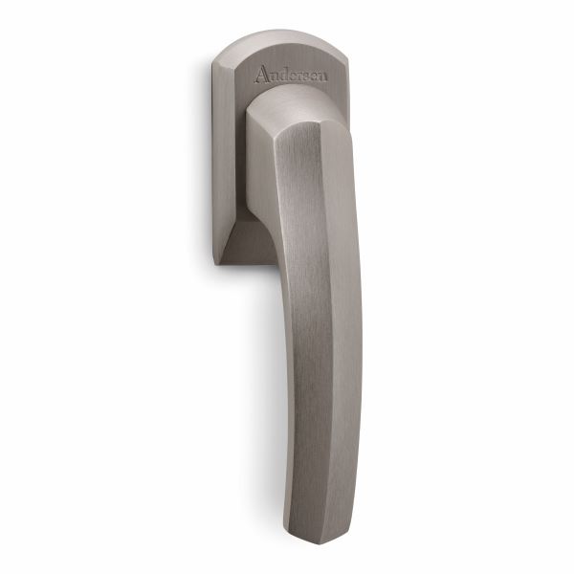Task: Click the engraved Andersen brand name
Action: (291, 75)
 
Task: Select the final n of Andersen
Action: (322, 77)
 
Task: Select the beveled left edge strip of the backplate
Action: (223, 161)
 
